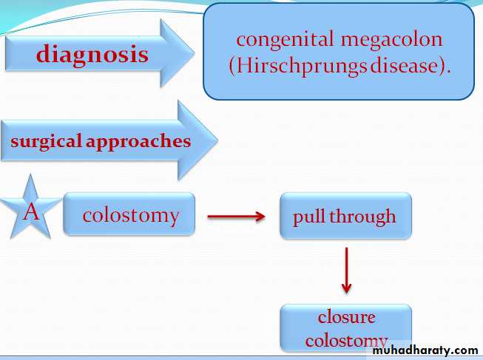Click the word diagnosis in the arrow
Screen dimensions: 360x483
(92, 54)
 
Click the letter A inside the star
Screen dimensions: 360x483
(31, 214)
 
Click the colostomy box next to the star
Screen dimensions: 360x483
(130, 215)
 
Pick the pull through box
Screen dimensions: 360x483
(345, 217)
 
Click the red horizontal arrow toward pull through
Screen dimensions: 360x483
(236, 217)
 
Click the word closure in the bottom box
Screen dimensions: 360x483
(346, 317)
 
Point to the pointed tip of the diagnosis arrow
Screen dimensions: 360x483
(194, 53)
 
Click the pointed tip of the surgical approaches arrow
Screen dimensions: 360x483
(217, 140)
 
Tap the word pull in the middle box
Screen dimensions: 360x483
(309, 217)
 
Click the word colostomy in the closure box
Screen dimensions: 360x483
(346, 340)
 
